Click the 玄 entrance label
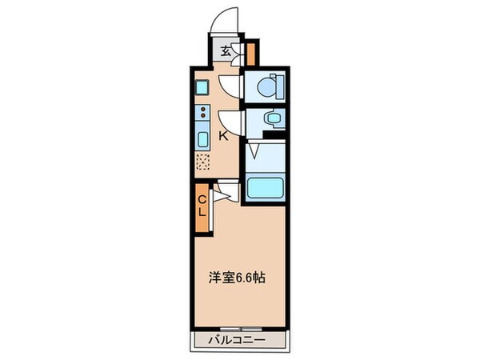(226, 52)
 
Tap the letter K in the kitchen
(224, 136)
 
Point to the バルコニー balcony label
(239, 339)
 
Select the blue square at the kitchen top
(202, 85)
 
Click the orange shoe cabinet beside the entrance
(250, 54)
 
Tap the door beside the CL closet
(224, 192)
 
